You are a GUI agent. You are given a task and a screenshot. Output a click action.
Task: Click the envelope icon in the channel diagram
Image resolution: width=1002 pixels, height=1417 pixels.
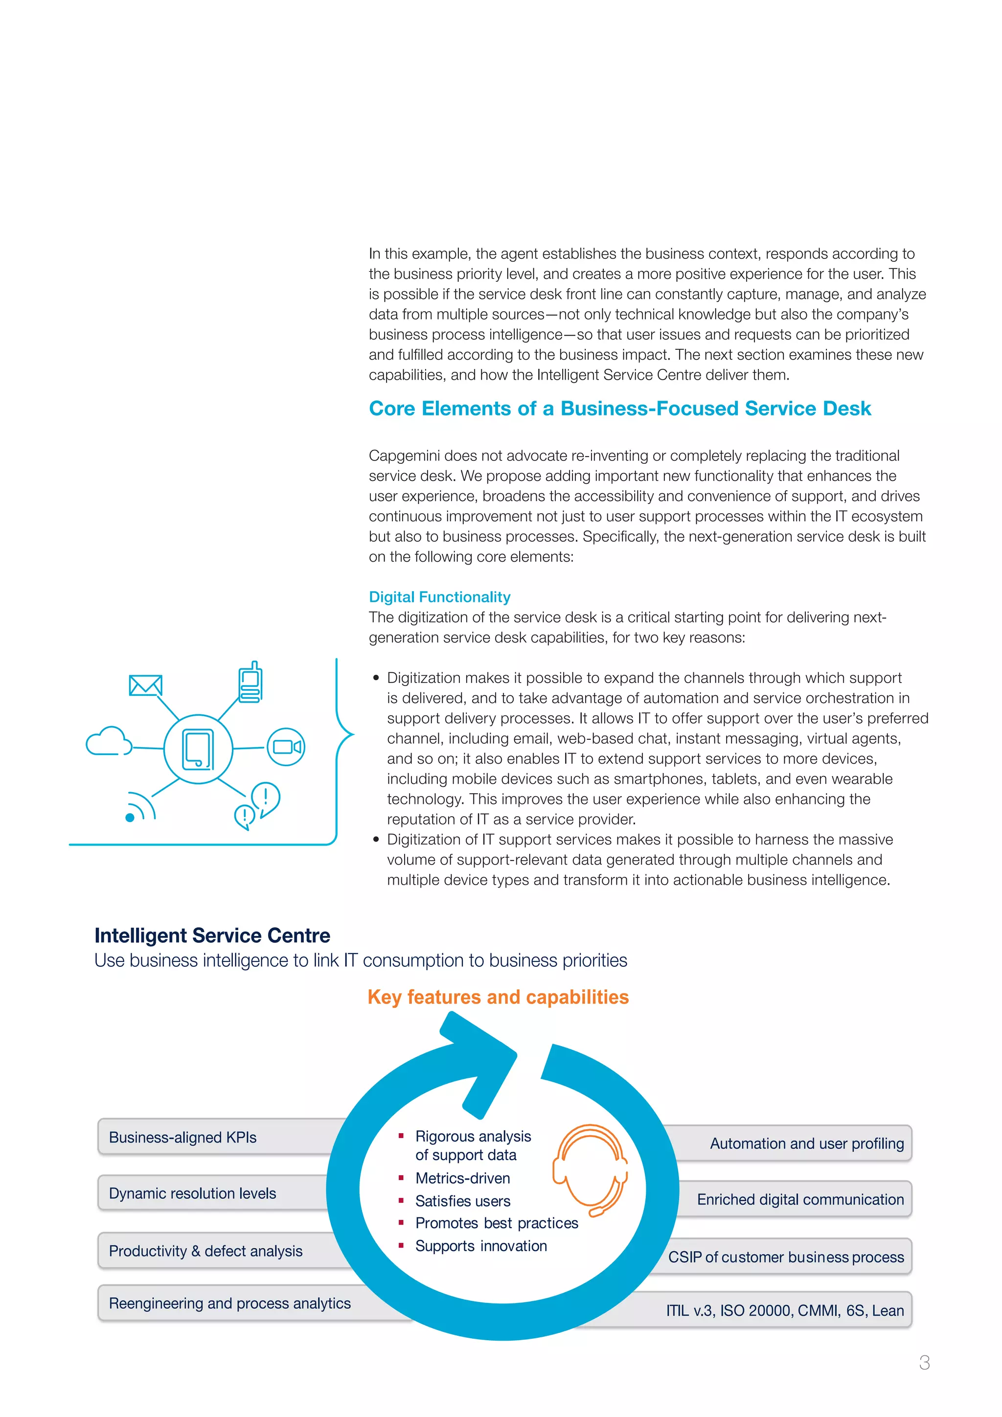click(146, 685)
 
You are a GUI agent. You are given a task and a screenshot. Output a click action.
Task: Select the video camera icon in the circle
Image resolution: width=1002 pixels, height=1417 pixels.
click(286, 747)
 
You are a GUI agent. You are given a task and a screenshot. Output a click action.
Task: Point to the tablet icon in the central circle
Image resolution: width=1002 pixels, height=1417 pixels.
click(198, 749)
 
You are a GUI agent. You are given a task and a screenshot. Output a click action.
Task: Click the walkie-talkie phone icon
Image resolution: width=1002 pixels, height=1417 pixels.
click(250, 682)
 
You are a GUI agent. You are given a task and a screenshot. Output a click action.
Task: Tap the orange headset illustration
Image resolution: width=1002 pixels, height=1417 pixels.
click(591, 1169)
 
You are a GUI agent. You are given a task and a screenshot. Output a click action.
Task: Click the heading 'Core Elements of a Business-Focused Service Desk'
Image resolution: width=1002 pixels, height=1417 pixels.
click(619, 409)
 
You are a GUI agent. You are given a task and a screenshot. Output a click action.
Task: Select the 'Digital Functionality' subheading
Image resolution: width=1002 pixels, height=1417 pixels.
click(439, 597)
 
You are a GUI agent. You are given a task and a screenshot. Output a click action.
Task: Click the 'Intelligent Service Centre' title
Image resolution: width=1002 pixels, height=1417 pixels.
click(212, 936)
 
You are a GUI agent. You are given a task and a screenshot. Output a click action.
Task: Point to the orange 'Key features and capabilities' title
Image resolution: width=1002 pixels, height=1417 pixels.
click(498, 997)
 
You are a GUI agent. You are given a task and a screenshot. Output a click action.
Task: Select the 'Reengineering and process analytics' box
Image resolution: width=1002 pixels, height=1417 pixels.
click(229, 1303)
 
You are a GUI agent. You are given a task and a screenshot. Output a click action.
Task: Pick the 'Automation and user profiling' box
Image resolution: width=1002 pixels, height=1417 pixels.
click(806, 1143)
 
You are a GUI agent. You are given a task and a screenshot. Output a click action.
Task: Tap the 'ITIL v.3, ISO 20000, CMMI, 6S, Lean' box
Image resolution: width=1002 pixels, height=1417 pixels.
click(784, 1310)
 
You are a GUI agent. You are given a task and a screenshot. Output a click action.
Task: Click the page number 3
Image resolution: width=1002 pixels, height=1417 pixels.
click(924, 1362)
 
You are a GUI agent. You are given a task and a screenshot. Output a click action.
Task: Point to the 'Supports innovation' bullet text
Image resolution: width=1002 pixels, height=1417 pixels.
click(480, 1246)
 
